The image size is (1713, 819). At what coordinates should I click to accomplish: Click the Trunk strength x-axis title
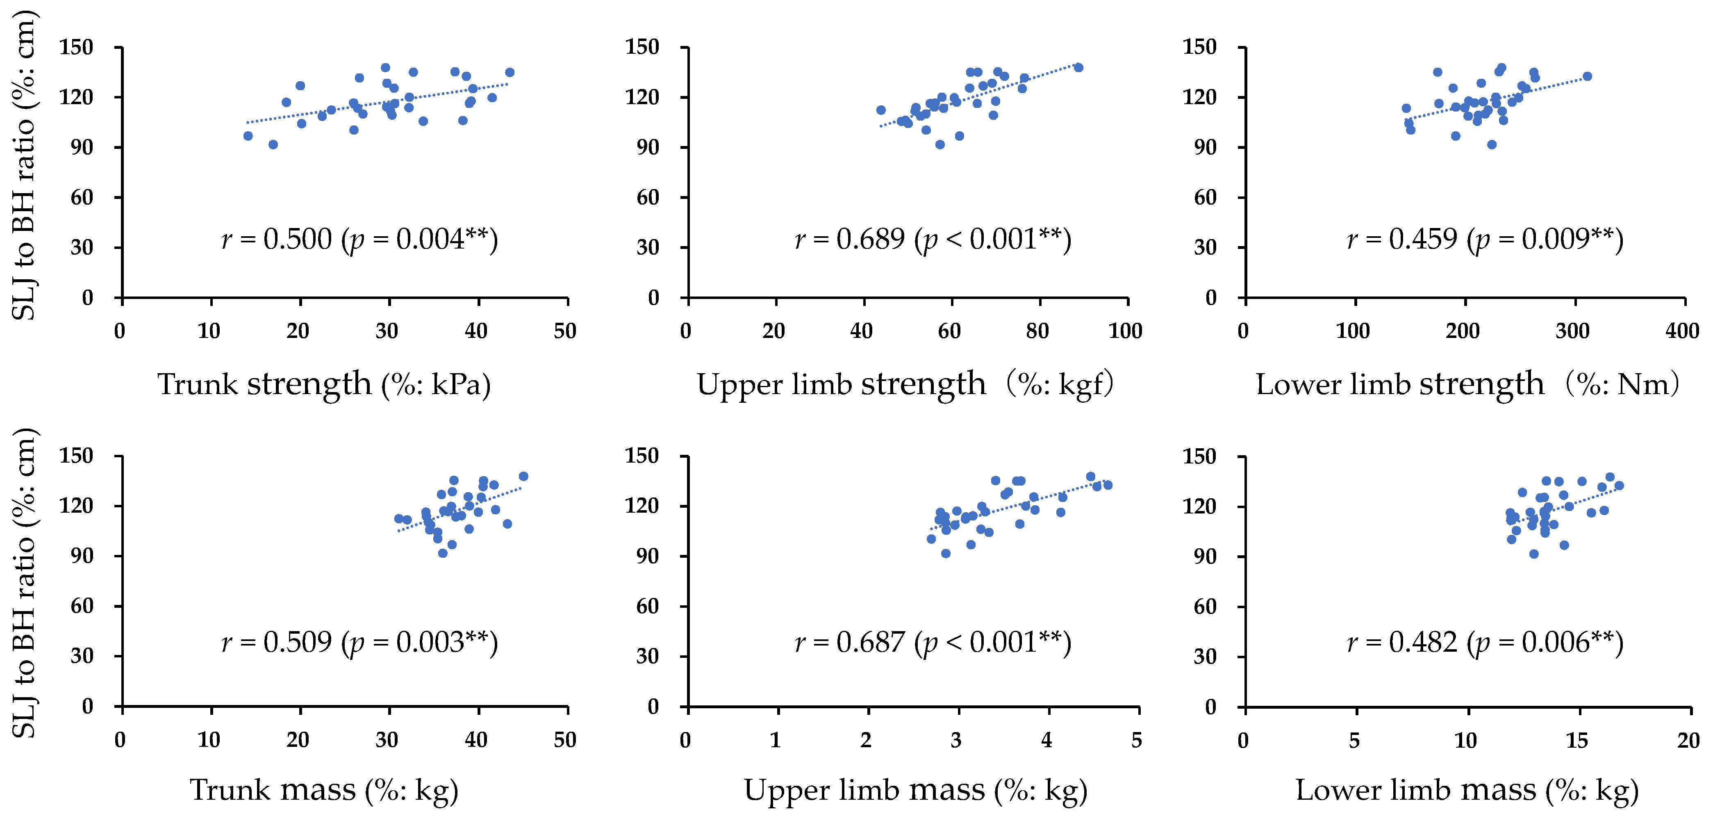tap(324, 385)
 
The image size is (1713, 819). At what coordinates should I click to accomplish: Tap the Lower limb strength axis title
tap(1467, 385)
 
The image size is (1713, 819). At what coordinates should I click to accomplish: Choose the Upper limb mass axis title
tap(915, 790)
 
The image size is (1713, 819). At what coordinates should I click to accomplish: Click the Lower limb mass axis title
tap(1467, 790)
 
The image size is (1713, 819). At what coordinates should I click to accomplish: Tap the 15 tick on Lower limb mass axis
tap(1577, 740)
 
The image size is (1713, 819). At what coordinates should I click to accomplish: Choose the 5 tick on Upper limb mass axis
tap(1136, 740)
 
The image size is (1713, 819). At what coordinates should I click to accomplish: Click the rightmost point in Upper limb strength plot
tap(1078, 68)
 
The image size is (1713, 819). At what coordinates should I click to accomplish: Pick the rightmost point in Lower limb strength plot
tap(1587, 77)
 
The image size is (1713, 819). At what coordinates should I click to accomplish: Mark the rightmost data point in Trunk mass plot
tap(523, 477)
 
